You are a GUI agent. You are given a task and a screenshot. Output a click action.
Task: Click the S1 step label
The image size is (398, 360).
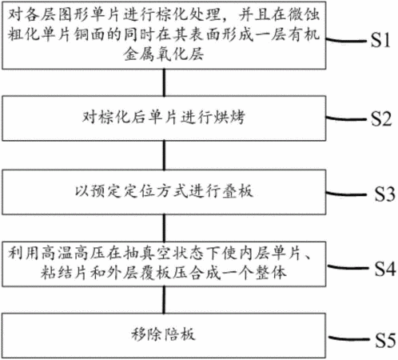pyautogui.click(x=380, y=40)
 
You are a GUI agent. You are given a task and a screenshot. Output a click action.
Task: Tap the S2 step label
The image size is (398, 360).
pyautogui.click(x=381, y=118)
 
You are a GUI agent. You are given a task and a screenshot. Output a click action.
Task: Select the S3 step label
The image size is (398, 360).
pyautogui.click(x=384, y=194)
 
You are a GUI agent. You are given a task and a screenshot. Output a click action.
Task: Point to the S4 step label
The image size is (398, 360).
pyautogui.click(x=385, y=268)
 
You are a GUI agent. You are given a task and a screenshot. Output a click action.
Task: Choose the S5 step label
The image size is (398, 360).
pyautogui.click(x=385, y=340)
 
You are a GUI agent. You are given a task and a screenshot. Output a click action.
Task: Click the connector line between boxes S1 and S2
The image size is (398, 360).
pyautogui.click(x=164, y=82)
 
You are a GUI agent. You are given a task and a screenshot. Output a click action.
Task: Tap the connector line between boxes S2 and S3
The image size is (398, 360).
pyautogui.click(x=164, y=155)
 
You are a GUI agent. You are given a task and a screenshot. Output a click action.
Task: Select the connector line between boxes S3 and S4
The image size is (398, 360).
pyautogui.click(x=164, y=228)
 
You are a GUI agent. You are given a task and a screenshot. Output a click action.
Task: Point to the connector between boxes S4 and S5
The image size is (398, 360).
pyautogui.click(x=164, y=300)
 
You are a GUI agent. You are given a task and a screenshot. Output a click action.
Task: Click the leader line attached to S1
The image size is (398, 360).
pyautogui.click(x=347, y=40)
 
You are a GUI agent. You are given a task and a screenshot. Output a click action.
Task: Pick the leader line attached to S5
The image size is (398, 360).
pyautogui.click(x=349, y=338)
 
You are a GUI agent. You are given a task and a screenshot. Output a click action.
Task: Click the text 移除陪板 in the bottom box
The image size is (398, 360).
pyautogui.click(x=164, y=334)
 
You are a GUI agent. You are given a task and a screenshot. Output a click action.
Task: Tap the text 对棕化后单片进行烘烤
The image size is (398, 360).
pyautogui.click(x=163, y=117)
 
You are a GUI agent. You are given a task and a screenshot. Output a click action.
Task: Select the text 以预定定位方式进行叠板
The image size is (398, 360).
pyautogui.click(x=164, y=191)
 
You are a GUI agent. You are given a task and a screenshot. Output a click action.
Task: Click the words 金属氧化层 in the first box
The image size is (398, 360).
pyautogui.click(x=164, y=54)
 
